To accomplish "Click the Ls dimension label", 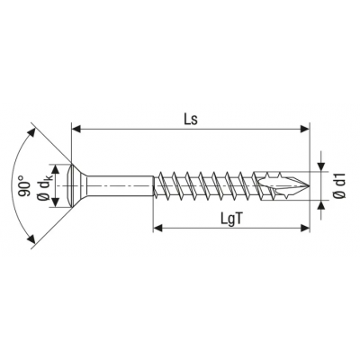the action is (x=191, y=120).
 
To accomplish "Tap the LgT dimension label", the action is (x=231, y=220).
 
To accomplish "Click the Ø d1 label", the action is (x=339, y=185).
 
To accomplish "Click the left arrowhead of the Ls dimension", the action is (x=76, y=130).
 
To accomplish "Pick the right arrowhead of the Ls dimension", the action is (x=305, y=130).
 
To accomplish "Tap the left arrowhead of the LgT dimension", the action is (x=157, y=229).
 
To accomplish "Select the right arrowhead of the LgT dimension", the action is (x=305, y=229).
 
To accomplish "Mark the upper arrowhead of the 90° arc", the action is (x=31, y=131).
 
